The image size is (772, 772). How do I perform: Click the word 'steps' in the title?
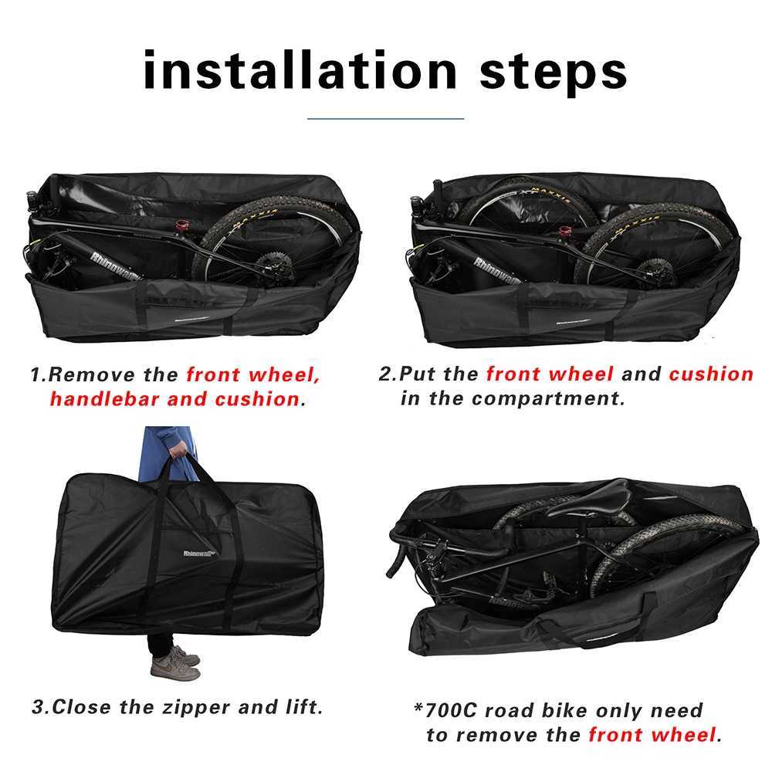pyautogui.click(x=553, y=71)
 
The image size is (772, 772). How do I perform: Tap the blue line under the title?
pyautogui.click(x=385, y=119)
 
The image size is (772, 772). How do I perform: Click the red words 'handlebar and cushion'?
pyautogui.click(x=174, y=399)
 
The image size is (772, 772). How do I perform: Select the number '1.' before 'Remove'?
pyautogui.click(x=38, y=376)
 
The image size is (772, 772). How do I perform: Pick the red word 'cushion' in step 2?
pyautogui.click(x=710, y=374)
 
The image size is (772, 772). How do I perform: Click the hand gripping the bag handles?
pyautogui.click(x=178, y=449)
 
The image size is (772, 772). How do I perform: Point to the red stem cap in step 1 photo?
pyautogui.click(x=182, y=227)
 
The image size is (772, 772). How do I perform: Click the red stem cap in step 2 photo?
pyautogui.click(x=565, y=230)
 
